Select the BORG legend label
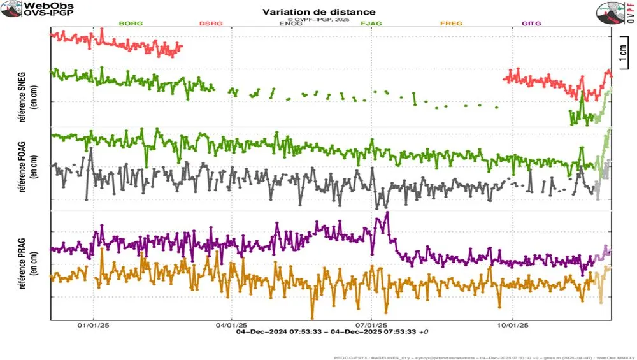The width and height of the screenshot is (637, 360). coord(131,24)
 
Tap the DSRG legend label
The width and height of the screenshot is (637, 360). coord(211,24)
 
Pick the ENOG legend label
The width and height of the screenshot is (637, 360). coord(291,24)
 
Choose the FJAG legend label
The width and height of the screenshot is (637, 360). coord(371,24)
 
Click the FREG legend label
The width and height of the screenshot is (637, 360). coord(451,24)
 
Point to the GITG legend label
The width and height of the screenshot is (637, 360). coord(531,24)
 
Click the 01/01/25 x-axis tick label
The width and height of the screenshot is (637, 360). coord(94,325)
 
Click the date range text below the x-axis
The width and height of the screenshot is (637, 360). coord(331,332)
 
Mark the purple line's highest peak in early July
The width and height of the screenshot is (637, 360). coord(386,213)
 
